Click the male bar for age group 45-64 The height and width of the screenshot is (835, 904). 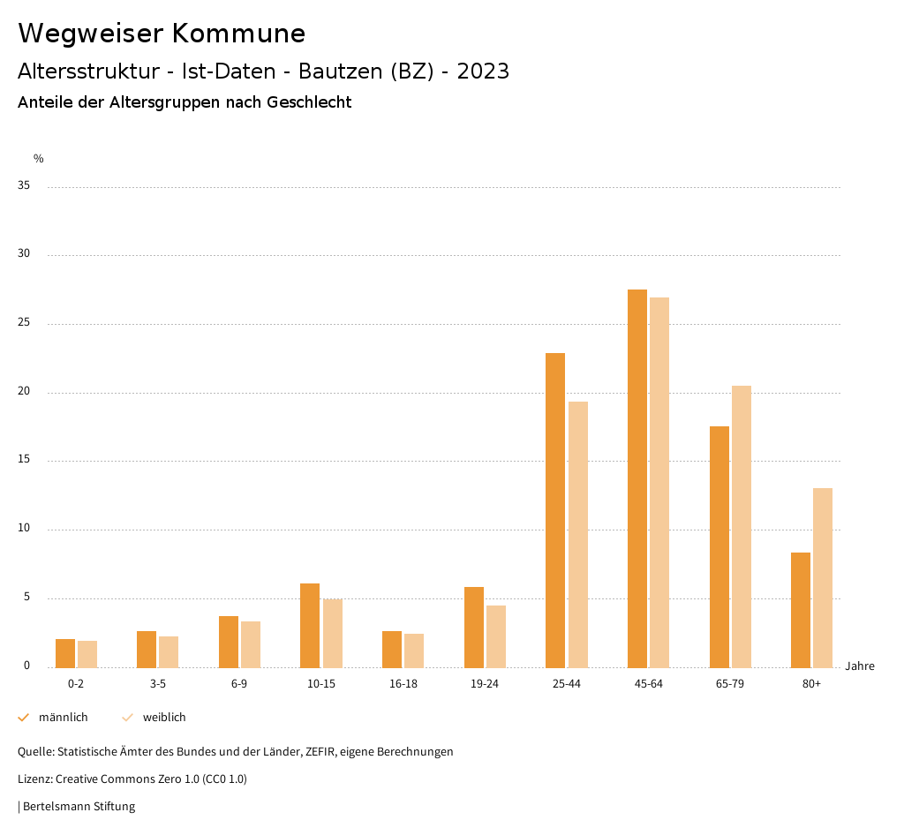[x=637, y=478]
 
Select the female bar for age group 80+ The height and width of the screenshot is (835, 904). [x=823, y=577]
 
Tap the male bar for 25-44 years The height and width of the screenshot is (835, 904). [x=555, y=510]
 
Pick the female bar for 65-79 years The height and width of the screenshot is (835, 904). [x=742, y=526]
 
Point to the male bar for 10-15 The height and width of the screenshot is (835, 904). [x=310, y=625]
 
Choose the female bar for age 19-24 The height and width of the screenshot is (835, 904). [x=496, y=636]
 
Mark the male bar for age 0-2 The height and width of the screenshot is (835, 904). [x=65, y=653]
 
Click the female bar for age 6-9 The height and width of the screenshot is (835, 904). [x=251, y=644]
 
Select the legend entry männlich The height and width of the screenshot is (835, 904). [x=63, y=718]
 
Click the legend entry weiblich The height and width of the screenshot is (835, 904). [x=164, y=718]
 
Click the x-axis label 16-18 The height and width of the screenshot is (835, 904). [x=403, y=684]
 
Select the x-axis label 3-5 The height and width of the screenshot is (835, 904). [x=158, y=684]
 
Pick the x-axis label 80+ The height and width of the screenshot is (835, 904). [x=812, y=684]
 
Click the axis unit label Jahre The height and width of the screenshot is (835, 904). [x=860, y=666]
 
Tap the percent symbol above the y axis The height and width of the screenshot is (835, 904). [x=39, y=159]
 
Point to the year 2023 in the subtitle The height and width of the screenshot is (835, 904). [x=483, y=71]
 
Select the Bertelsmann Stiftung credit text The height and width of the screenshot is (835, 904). [x=79, y=807]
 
